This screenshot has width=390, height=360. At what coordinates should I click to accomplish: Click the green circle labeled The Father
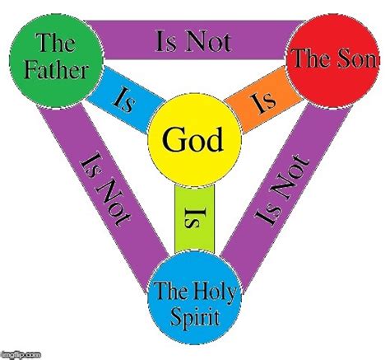point(57,61)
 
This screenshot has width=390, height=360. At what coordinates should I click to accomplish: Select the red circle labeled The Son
point(333,60)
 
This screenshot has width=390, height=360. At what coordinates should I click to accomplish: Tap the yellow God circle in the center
point(194,140)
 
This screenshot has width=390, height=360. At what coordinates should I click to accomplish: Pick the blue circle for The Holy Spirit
point(194,297)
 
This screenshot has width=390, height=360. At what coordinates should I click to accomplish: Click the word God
point(193,140)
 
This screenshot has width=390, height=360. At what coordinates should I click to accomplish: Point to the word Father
point(57,71)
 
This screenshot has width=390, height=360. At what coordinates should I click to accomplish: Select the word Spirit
point(195,316)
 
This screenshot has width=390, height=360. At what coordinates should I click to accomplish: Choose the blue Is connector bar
point(126,100)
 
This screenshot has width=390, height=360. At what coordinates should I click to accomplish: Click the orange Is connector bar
point(263,100)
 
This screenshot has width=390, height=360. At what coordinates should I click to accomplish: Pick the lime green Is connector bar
point(194,218)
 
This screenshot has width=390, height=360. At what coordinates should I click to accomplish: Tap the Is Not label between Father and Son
point(193,41)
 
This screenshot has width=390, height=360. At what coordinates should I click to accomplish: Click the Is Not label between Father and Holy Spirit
point(105,190)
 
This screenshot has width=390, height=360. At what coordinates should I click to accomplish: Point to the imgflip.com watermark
point(21,355)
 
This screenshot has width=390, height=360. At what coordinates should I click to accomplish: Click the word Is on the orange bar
point(263,102)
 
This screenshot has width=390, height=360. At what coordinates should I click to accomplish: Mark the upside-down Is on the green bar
point(194,218)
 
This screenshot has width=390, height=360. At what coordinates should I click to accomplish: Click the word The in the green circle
point(57,43)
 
